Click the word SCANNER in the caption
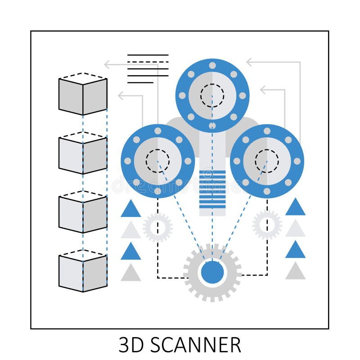coord(196,345)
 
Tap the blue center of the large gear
coord(212,273)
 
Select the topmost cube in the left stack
coord(83,94)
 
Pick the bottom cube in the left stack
coord(83,271)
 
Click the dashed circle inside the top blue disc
coord(212,95)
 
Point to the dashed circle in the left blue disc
coord(157,161)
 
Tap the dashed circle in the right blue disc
coord(267,161)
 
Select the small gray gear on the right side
coord(267,225)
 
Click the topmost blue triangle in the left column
coord(130,210)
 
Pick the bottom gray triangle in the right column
coord(295,272)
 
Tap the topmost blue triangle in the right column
coord(295,207)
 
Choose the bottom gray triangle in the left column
coord(130,274)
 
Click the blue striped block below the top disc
coord(212,189)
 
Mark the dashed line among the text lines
coord(148,62)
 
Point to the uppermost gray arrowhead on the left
coord(108,64)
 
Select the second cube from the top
coord(83,153)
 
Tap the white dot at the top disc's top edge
coord(212,65)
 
